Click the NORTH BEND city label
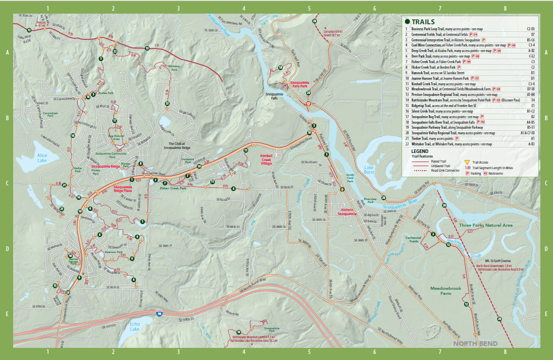point(475,344)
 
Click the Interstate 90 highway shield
point(159,313)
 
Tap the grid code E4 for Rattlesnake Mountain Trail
point(531,100)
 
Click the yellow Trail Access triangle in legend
point(466,163)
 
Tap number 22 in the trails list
point(406,144)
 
